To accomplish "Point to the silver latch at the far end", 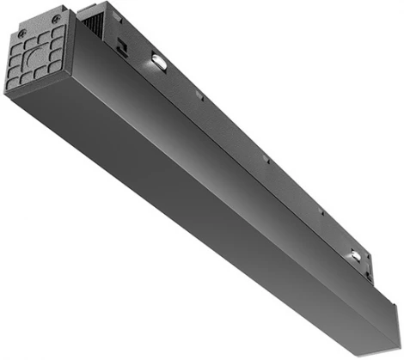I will tap(354, 255).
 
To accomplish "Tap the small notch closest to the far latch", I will tap(322, 211).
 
